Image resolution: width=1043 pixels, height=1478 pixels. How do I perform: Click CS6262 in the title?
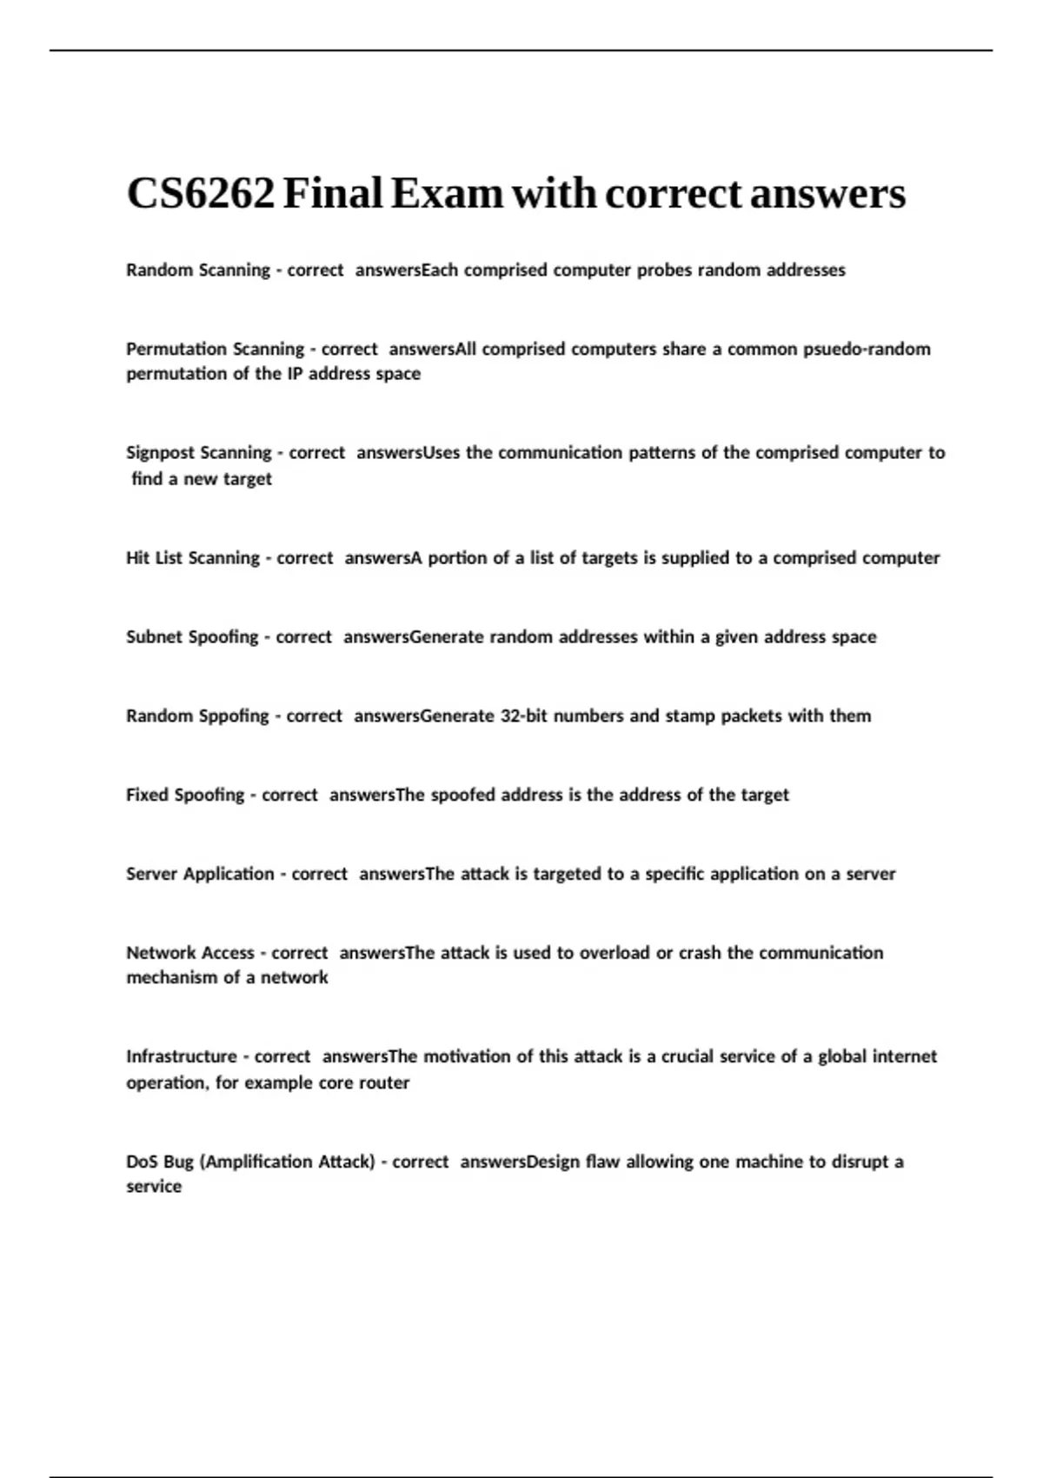pos(201,193)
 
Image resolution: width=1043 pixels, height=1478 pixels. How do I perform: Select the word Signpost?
pos(162,453)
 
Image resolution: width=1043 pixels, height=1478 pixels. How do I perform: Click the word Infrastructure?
pos(181,1057)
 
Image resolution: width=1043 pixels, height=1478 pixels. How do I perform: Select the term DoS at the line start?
pos(142,1162)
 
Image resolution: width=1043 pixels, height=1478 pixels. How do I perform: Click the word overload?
pos(615,953)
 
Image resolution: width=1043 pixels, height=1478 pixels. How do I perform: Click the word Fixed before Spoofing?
pos(147,796)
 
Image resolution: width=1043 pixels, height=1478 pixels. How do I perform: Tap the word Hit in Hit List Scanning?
pos(137,558)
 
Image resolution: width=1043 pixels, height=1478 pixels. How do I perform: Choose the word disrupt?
pos(860,1162)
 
